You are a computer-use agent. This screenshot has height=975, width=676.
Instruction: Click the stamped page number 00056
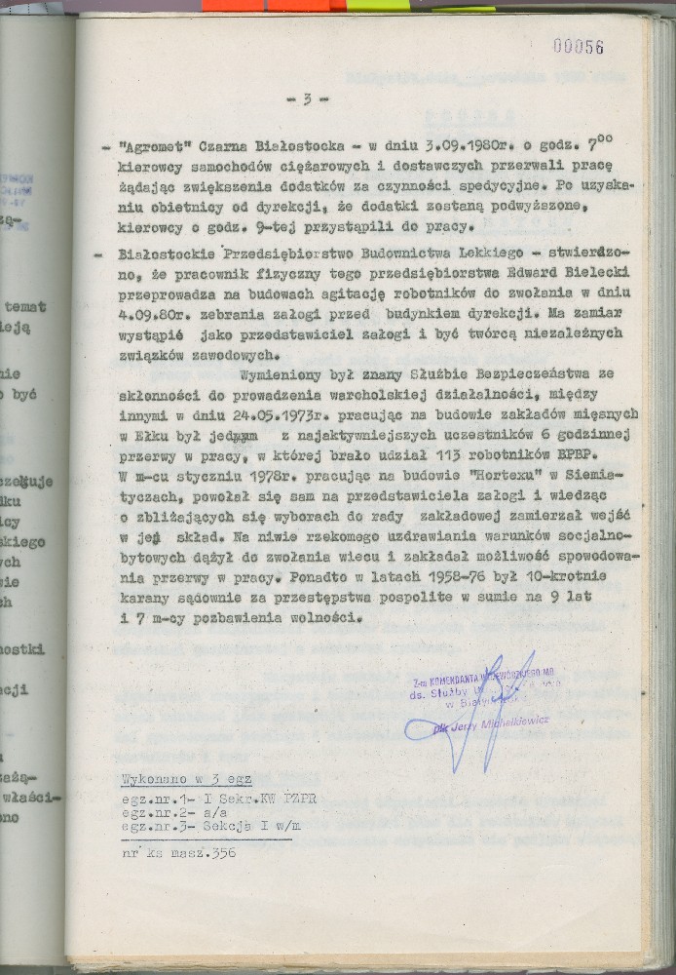coord(578,46)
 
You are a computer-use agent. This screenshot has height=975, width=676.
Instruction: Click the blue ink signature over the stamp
coord(487,707)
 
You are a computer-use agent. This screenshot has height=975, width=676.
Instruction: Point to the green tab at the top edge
coord(379,5)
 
